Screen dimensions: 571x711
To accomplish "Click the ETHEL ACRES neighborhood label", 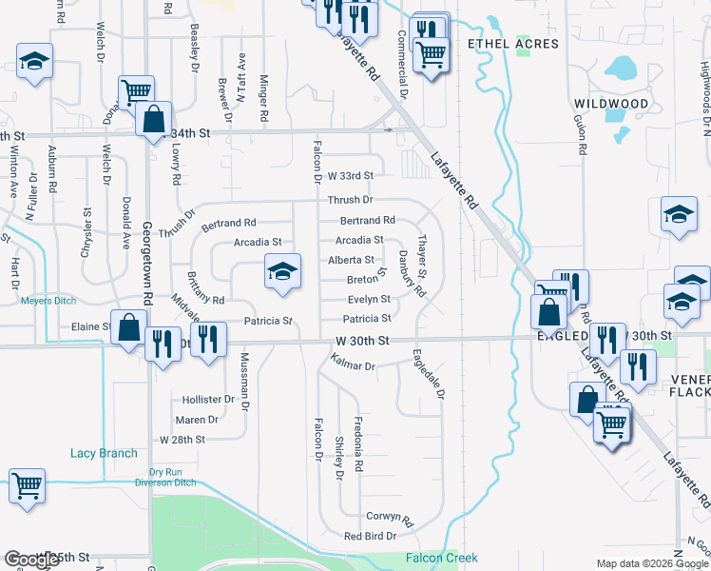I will click(x=519, y=44).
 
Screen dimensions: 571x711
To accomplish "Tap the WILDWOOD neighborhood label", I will click(x=611, y=103).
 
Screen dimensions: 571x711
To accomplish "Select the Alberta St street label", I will click(x=351, y=260).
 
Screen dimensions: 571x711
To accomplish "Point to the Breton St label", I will click(x=366, y=279).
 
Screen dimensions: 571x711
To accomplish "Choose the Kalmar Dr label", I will click(x=354, y=364).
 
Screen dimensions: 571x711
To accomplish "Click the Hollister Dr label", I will click(x=202, y=400).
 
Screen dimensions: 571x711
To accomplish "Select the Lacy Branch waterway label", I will click(x=104, y=453).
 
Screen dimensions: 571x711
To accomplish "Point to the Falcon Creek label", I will click(x=441, y=558).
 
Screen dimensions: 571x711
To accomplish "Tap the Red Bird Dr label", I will click(x=370, y=537).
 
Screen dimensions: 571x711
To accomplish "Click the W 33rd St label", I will click(x=351, y=176).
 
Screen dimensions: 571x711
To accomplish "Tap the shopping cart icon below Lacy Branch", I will click(x=27, y=485).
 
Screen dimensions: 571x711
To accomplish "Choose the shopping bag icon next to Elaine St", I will click(x=127, y=326).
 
